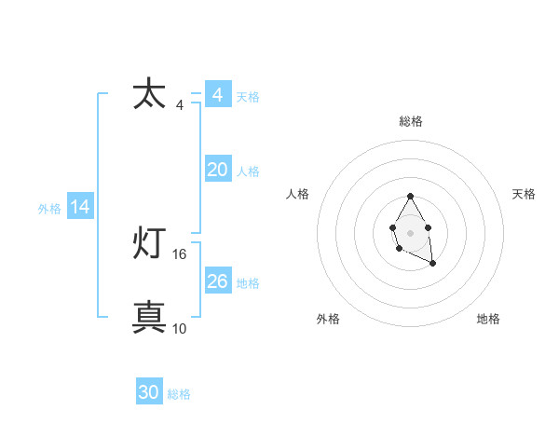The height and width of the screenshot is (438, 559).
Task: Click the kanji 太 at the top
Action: [x=149, y=94]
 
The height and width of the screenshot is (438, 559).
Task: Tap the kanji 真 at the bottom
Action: [x=149, y=317]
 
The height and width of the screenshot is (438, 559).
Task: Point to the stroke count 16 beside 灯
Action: [x=180, y=253]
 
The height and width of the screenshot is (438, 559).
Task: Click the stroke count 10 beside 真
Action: [x=180, y=328]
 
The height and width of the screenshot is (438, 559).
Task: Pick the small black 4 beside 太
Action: [x=180, y=105]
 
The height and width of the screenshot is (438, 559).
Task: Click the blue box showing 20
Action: [x=217, y=170]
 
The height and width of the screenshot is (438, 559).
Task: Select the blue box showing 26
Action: [x=217, y=281]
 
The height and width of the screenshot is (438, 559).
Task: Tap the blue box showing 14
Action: [x=80, y=208]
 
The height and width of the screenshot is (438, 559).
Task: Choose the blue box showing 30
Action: [x=149, y=392]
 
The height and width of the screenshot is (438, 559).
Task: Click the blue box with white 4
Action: [x=217, y=95]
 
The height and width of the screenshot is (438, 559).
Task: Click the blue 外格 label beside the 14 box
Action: [x=49, y=209]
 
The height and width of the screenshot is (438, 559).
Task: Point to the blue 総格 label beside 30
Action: [x=179, y=394]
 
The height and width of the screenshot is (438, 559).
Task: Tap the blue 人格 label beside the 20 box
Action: [x=248, y=171]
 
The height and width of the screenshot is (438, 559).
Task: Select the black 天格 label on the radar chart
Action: [x=524, y=194]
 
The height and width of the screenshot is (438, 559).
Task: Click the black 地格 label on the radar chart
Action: [x=488, y=319]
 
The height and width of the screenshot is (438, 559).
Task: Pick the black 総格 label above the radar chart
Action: [x=411, y=121]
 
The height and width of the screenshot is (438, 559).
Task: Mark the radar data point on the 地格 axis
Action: [x=433, y=264]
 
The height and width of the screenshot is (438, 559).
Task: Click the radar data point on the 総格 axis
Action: [x=410, y=197]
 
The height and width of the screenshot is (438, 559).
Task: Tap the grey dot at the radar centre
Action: [x=410, y=231]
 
